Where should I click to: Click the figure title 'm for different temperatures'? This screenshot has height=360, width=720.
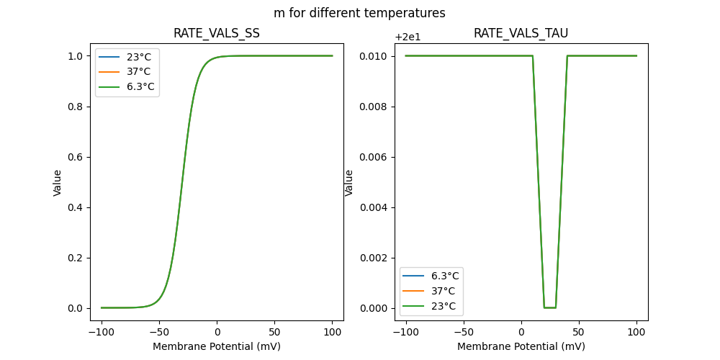[x=359, y=13]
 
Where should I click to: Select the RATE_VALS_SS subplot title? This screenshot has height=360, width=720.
[x=217, y=34]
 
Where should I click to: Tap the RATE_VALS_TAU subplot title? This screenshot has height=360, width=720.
[x=521, y=34]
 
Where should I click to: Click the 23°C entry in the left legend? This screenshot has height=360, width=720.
[x=138, y=57]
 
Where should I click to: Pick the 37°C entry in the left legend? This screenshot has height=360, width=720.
[x=138, y=72]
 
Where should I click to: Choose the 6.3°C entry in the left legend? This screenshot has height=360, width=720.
[x=140, y=87]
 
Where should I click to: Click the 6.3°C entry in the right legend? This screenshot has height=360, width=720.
[x=445, y=276]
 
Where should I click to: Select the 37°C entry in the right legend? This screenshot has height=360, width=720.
[x=443, y=291]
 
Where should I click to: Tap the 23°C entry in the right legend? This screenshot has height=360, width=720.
[x=443, y=306]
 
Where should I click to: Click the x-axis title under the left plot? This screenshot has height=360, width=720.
[x=217, y=346]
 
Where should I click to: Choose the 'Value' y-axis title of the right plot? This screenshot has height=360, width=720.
[x=349, y=182]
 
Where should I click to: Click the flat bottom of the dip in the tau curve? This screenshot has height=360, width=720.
[x=550, y=307]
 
